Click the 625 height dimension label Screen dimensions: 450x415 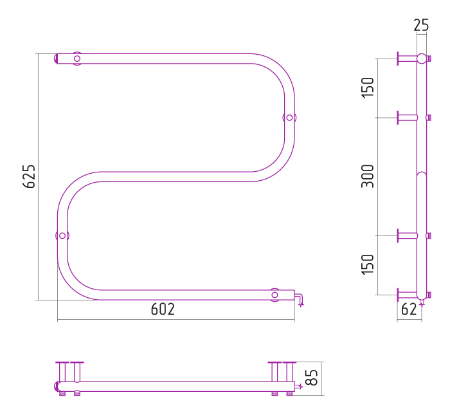pyautogui.click(x=29, y=176)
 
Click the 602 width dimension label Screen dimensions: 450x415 pyautogui.click(x=163, y=309)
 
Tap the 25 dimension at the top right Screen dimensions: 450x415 pyautogui.click(x=421, y=25)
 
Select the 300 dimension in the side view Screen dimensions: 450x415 pyautogui.click(x=368, y=176)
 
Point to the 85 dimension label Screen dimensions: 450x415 pyautogui.click(x=312, y=378)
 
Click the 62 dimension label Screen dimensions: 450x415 pyautogui.click(x=409, y=309)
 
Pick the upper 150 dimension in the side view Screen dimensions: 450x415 pyautogui.click(x=368, y=88)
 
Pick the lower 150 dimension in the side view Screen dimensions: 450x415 pyautogui.click(x=368, y=264)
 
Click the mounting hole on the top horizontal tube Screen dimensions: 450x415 pyautogui.click(x=77, y=59)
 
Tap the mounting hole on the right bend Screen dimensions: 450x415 pyautogui.click(x=289, y=118)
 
